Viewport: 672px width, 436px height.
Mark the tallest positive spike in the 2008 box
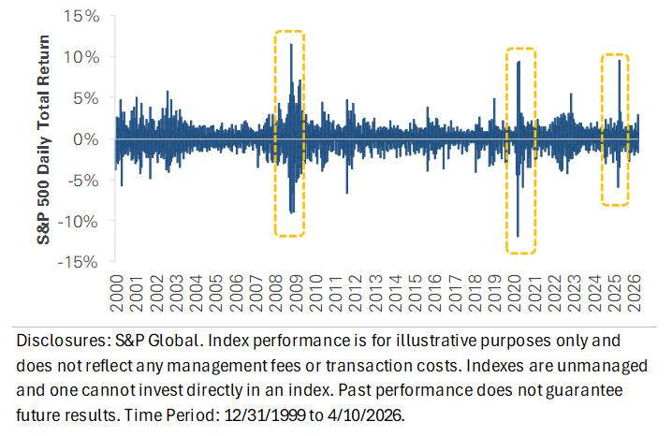pyautogui.click(x=291, y=45)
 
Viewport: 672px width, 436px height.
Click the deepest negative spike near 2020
pyautogui.click(x=518, y=236)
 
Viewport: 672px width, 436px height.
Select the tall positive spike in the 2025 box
pyautogui.click(x=619, y=61)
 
